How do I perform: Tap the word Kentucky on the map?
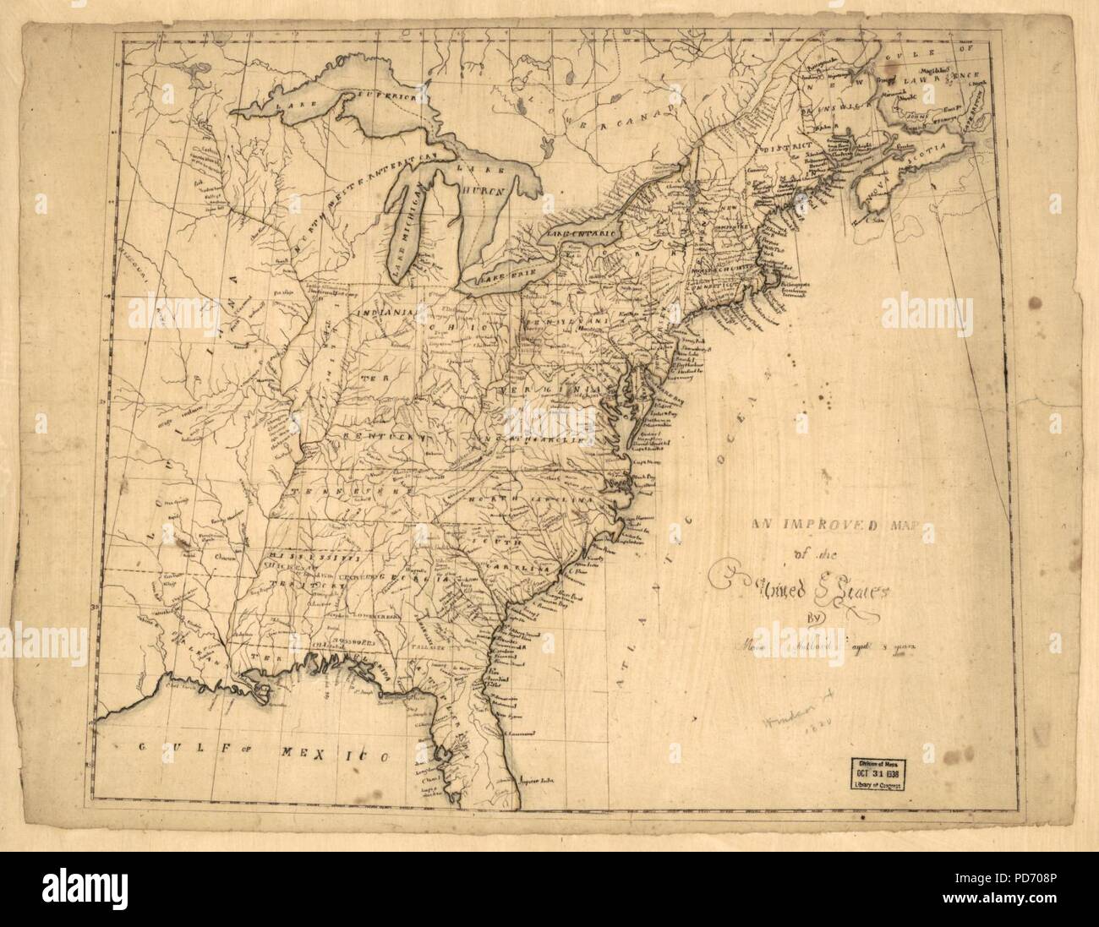[373, 434]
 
